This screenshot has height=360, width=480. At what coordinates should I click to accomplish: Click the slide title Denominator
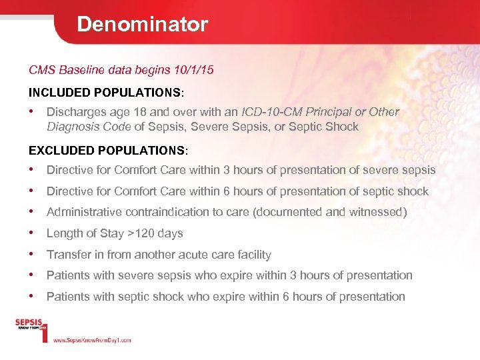pyautogui.click(x=142, y=25)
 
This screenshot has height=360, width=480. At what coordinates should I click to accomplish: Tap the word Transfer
pyautogui.click(x=67, y=255)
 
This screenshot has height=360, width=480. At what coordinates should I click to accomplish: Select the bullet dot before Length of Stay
pyautogui.click(x=32, y=233)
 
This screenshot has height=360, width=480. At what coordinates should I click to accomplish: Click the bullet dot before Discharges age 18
pyautogui.click(x=32, y=111)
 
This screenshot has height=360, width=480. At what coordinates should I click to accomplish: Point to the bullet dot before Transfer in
pyautogui.click(x=32, y=254)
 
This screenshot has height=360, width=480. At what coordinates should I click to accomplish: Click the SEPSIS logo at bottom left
pyautogui.click(x=30, y=325)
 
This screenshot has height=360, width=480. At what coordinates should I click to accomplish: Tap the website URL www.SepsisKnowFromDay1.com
pyautogui.click(x=91, y=340)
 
